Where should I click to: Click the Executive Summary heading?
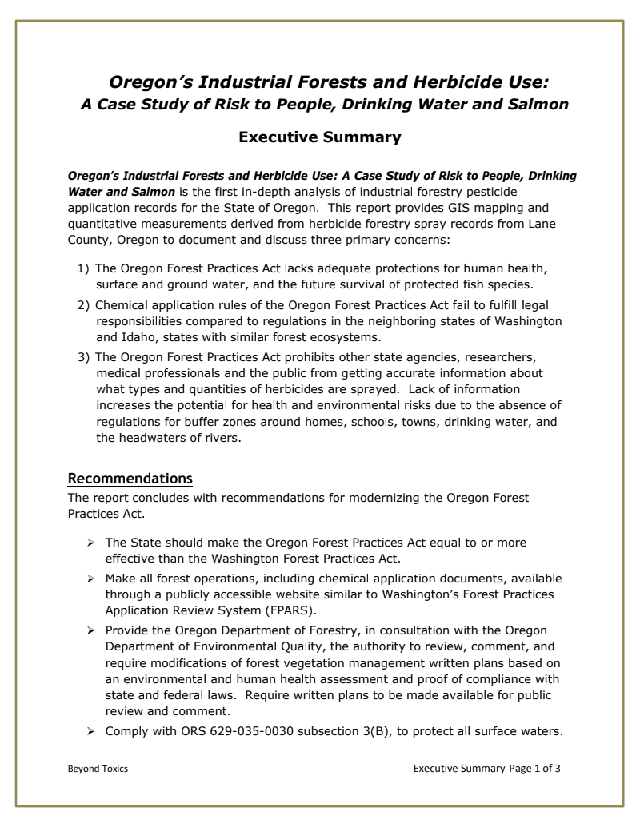(x=320, y=137)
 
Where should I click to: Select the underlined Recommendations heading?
(x=130, y=479)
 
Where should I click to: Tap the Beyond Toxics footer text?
(x=98, y=769)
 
